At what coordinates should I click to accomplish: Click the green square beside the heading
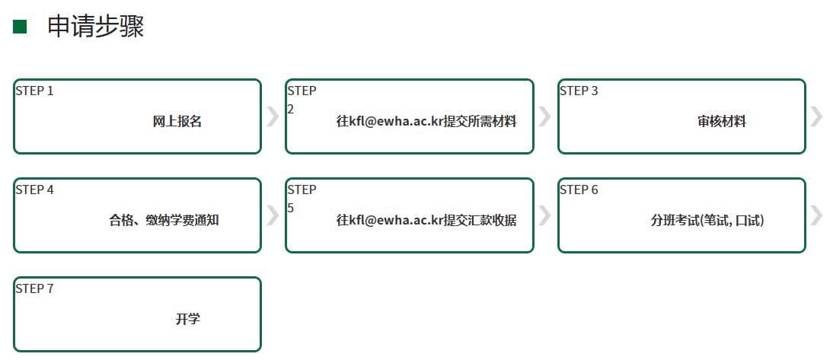coord(20,27)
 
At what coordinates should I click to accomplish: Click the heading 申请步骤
coord(96,26)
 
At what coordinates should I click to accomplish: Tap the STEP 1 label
coord(34,91)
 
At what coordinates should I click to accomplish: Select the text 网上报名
coord(177,122)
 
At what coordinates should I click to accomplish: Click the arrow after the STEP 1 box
coord(273,116)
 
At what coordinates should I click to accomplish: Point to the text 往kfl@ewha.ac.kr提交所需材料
coord(426,122)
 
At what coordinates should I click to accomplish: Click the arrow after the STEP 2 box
coord(544,116)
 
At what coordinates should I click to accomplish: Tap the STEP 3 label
coord(579,91)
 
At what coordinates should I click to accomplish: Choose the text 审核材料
coord(722,122)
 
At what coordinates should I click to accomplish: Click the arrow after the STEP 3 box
coord(816,116)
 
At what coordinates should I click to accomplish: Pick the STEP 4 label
coord(34,190)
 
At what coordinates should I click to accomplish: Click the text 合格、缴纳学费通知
coord(164,221)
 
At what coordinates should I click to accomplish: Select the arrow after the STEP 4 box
coord(273,215)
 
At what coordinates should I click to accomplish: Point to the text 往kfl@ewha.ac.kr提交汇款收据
coord(426,221)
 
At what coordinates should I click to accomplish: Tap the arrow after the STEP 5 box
coord(544,215)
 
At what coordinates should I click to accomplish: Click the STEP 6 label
coord(579,190)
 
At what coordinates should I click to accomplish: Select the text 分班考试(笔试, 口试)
coord(707,221)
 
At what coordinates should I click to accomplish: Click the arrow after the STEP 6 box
coord(816,215)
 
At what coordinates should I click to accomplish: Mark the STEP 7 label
coord(34,289)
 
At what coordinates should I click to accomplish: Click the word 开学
coord(188,319)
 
